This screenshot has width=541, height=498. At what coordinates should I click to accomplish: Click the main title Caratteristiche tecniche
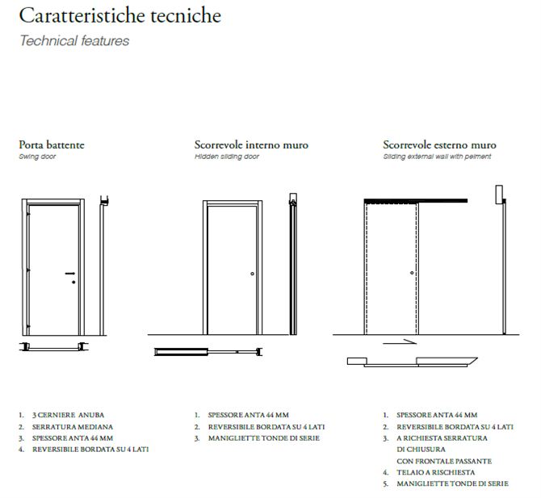120,16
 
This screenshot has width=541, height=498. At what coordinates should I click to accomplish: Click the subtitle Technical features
73,40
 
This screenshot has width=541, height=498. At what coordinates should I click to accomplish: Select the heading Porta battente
52,145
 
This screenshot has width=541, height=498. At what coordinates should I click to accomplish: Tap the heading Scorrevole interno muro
251,145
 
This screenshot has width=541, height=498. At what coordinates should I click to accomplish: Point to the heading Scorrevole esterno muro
439,145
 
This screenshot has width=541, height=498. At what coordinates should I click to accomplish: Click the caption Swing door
37,157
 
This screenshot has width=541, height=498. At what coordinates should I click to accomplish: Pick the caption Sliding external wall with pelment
437,157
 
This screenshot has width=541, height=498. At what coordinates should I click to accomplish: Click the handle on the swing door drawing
71,275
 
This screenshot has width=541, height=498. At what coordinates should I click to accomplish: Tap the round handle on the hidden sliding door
253,274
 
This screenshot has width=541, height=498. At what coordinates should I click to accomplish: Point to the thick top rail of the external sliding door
416,199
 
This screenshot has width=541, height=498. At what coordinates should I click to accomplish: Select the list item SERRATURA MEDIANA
73,426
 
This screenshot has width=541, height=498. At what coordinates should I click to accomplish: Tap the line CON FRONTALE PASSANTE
443,461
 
